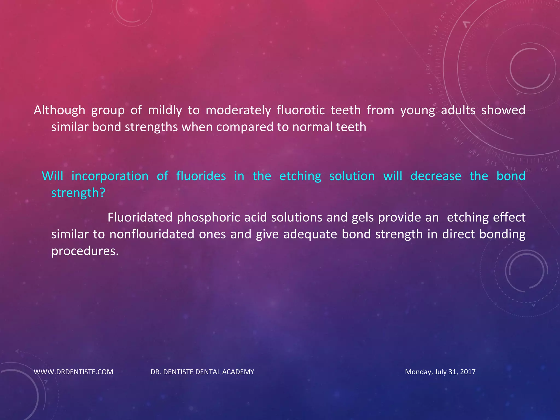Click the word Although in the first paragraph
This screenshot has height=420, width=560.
59,110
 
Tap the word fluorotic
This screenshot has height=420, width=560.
301,110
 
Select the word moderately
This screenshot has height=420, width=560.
238,110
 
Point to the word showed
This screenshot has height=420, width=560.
503,110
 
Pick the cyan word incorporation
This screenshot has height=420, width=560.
110,176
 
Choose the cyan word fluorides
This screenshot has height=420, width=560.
201,176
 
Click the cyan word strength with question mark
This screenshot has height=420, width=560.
78,193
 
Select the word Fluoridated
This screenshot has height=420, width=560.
140,218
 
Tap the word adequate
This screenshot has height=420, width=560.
310,234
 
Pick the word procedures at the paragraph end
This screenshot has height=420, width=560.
85,251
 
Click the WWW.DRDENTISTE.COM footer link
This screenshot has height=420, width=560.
73,372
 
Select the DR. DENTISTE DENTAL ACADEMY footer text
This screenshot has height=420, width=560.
202,372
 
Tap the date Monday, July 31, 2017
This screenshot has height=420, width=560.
440,372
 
